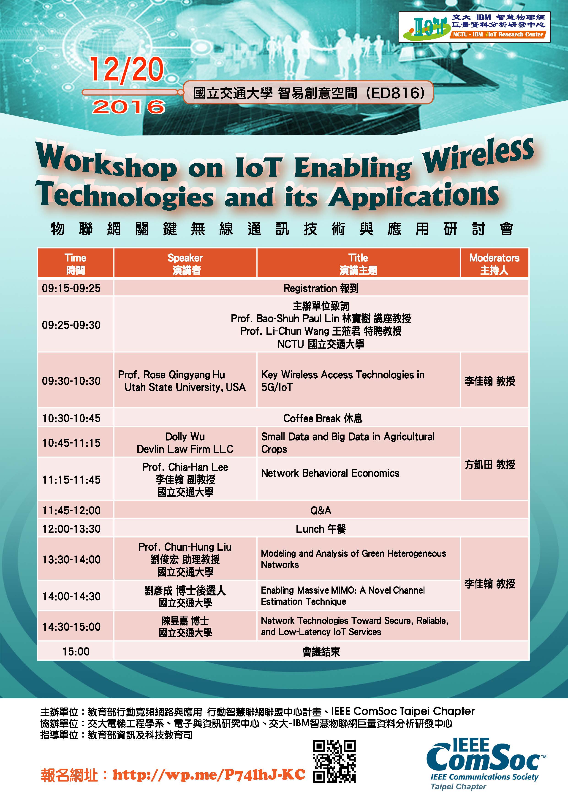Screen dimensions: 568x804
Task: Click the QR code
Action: (334, 766)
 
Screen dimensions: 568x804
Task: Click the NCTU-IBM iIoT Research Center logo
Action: (475, 27)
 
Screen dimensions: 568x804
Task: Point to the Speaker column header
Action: (185, 264)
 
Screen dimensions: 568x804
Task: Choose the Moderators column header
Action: (494, 264)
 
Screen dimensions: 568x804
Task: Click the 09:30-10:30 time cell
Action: (71, 381)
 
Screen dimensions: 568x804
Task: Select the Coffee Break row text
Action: (323, 418)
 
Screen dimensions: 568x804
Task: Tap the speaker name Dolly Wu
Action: (185, 436)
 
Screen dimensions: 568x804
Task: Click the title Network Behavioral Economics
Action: (330, 473)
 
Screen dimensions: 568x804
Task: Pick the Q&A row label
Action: (321, 510)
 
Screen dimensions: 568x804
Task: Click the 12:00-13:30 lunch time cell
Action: (71, 529)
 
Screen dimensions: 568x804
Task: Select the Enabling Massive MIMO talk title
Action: (343, 596)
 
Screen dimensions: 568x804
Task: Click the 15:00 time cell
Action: (76, 651)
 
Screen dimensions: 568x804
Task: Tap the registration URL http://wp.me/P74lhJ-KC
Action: (209, 775)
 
